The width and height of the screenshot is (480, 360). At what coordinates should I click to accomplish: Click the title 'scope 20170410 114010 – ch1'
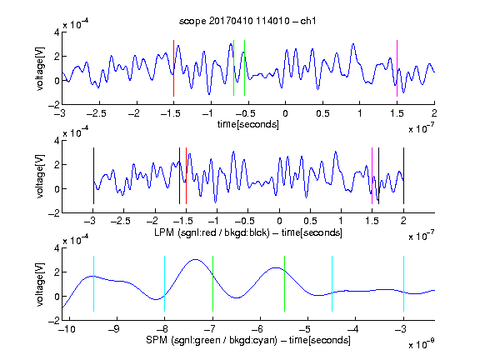247,21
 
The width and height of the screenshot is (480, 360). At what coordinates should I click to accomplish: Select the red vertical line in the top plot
173,68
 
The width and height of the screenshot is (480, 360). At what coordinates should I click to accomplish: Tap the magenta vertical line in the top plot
397,68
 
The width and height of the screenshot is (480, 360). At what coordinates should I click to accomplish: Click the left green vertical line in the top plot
233,68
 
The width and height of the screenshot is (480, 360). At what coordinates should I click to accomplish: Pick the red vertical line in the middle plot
186,176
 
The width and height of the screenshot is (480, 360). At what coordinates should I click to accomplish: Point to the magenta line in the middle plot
372,176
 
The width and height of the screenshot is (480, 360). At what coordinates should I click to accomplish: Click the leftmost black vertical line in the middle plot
93,176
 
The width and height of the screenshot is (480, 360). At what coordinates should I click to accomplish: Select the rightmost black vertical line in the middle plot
403,176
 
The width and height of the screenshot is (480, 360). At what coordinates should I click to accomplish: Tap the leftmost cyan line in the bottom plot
93,284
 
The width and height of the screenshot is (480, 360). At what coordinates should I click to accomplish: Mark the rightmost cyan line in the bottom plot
403,284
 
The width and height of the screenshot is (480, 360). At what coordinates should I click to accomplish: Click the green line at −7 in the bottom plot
212,284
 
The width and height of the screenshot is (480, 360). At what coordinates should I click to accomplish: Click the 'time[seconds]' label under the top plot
248,124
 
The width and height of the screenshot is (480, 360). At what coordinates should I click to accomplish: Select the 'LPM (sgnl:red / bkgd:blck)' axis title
212,232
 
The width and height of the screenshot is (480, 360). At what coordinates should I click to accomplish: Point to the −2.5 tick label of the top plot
96,114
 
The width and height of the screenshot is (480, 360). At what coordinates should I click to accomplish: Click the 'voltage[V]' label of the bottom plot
39,284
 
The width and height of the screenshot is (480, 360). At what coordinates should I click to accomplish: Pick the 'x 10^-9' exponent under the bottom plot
422,344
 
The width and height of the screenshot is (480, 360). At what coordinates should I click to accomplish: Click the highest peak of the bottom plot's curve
195,260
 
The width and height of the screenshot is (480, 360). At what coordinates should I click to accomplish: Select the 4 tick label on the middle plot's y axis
57,141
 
